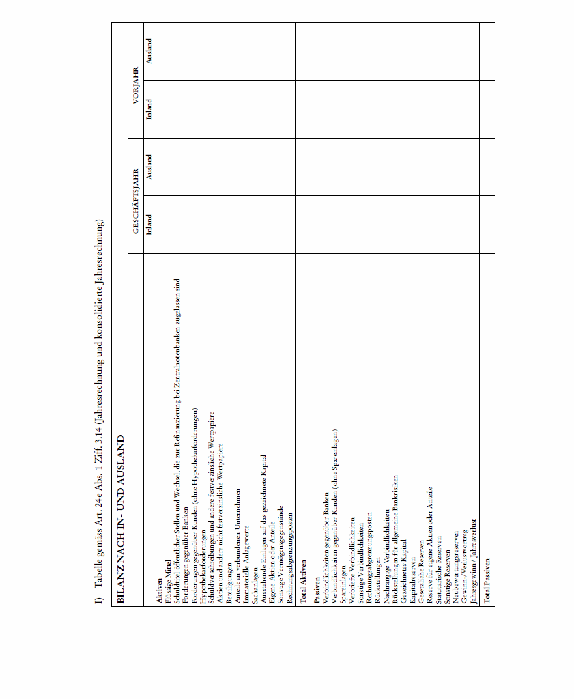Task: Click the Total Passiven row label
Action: [x=486, y=582]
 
